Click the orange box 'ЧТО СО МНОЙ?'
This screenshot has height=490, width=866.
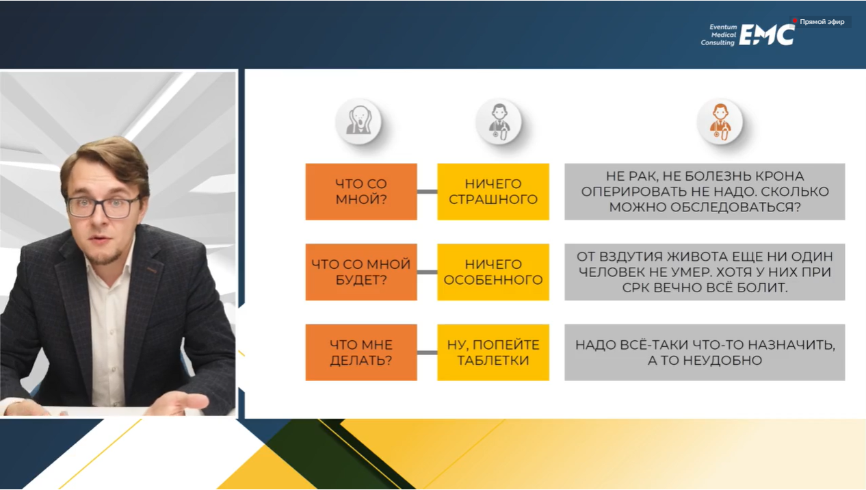(361, 192)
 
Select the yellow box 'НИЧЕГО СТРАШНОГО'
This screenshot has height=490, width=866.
(493, 192)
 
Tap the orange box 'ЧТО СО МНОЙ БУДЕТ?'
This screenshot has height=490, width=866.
(361, 272)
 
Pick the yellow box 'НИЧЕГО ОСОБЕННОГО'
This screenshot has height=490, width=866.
(493, 272)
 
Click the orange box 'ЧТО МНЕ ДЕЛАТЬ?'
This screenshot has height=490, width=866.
(361, 352)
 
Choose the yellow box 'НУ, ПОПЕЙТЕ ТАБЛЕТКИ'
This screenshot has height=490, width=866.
(493, 352)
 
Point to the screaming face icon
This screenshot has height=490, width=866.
(358, 121)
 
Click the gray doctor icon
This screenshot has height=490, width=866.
(499, 121)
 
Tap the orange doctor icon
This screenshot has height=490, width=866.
(720, 121)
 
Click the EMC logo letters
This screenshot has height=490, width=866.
(767, 35)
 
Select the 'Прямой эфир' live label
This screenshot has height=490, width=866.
(819, 22)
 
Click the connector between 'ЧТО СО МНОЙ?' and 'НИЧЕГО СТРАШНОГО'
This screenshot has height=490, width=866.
(428, 192)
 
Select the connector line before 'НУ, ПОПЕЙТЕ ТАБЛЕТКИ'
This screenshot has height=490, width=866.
(428, 352)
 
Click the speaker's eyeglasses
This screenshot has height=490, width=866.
(103, 207)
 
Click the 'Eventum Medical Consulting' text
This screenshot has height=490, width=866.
(719, 35)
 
